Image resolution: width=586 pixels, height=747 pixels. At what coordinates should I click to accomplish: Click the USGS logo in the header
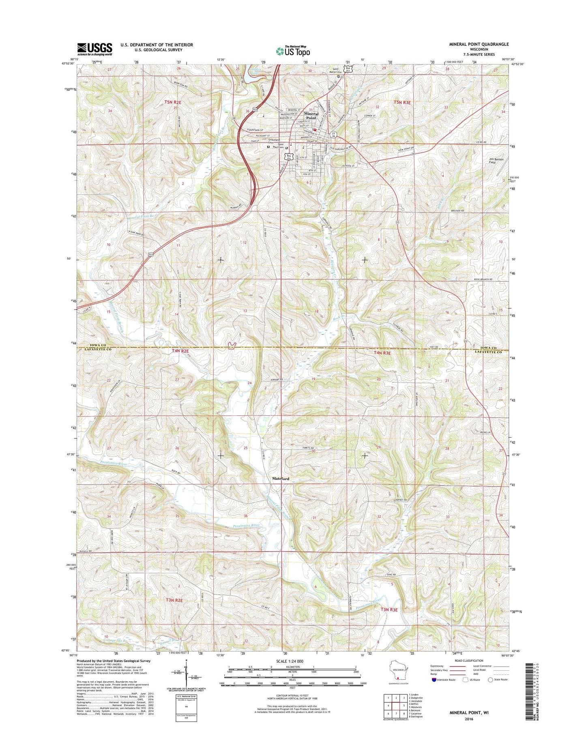tap(94, 49)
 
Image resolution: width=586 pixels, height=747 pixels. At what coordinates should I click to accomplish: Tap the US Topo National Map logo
tap(293, 51)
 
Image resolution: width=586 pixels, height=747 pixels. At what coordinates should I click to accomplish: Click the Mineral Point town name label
tap(311, 116)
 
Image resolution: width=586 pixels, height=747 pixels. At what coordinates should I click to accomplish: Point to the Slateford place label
tap(280, 479)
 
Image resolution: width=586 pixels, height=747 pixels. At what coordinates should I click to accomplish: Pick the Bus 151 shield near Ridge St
tap(289, 157)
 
